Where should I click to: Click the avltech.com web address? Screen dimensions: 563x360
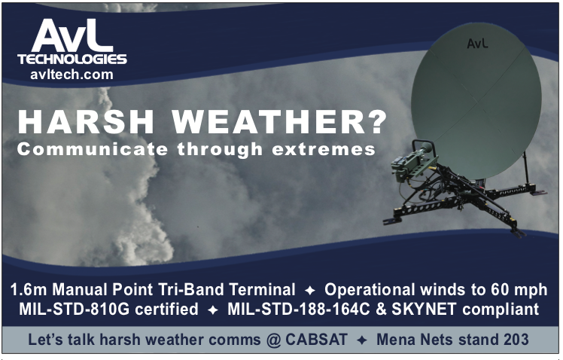pyautogui.click(x=72, y=75)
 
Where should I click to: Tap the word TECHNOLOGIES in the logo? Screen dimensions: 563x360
pyautogui.click(x=72, y=59)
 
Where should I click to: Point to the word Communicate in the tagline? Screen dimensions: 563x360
pyautogui.click(x=93, y=148)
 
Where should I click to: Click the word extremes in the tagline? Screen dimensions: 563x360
pyautogui.click(x=324, y=149)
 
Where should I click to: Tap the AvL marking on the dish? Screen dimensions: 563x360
pyautogui.click(x=477, y=43)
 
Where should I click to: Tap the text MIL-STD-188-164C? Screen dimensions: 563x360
pyautogui.click(x=298, y=309)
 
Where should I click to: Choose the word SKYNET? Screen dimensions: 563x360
pyautogui.click(x=424, y=309)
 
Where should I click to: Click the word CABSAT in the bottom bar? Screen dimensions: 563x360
pyautogui.click(x=317, y=340)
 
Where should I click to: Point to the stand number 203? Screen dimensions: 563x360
pyautogui.click(x=516, y=340)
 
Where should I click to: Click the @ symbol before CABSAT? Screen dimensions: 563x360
pyautogui.click(x=274, y=340)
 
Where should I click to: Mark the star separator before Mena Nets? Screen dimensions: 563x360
pyautogui.click(x=362, y=340)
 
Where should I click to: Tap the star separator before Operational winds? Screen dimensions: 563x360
pyautogui.click(x=310, y=290)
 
